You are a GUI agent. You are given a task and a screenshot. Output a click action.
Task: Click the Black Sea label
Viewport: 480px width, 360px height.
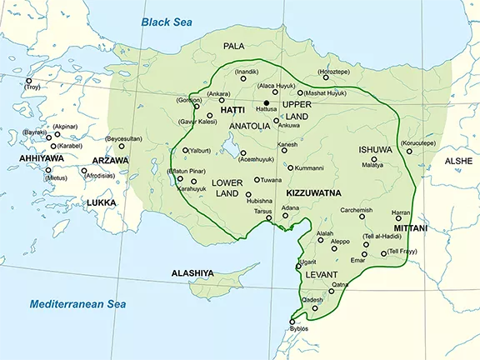click(x=172, y=21)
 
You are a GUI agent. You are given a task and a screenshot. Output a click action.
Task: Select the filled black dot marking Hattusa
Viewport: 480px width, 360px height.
click(x=266, y=102)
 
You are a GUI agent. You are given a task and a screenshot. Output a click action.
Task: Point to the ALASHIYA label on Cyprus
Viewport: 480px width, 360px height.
click(x=192, y=272)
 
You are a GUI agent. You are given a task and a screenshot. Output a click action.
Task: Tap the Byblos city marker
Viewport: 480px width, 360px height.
click(x=292, y=322)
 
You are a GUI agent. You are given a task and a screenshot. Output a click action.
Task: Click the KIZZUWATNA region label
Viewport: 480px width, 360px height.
click(x=308, y=191)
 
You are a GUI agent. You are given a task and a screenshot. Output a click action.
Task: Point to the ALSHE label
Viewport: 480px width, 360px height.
click(x=457, y=161)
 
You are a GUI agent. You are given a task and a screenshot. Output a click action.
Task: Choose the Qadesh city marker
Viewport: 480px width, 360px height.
click(x=315, y=308)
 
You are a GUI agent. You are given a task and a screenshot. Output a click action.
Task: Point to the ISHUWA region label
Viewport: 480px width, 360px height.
click(x=373, y=149)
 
